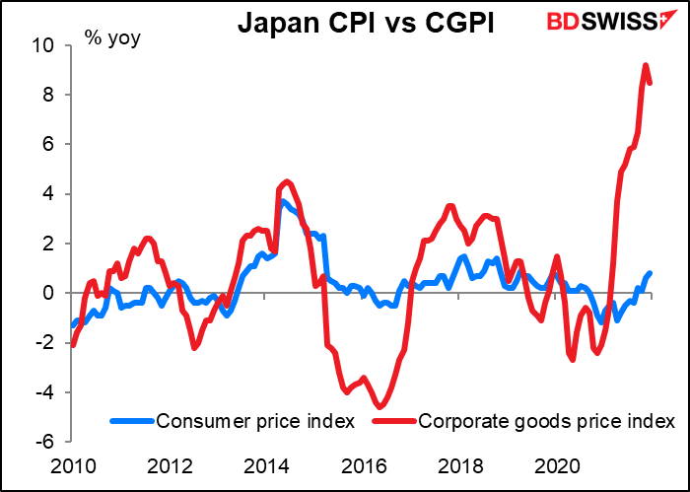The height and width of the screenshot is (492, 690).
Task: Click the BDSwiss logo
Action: [602, 22]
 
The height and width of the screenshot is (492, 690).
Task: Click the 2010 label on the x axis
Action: [74, 465]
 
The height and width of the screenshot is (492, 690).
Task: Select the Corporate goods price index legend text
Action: [547, 421]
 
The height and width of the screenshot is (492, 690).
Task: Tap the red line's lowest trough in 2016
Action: [379, 406]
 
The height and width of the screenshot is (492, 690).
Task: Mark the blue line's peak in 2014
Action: [283, 201]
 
